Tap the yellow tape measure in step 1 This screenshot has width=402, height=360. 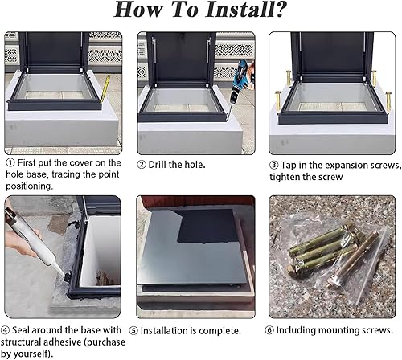105,89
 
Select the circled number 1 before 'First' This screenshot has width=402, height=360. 10,162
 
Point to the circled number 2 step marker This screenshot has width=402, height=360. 142,165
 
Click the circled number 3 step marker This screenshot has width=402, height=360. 273,165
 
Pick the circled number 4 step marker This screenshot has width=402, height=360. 5,330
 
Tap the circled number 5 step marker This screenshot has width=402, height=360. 133,331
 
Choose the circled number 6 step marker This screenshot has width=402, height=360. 269,330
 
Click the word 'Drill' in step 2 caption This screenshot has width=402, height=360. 158,165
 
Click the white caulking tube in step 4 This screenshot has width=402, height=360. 35,241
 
